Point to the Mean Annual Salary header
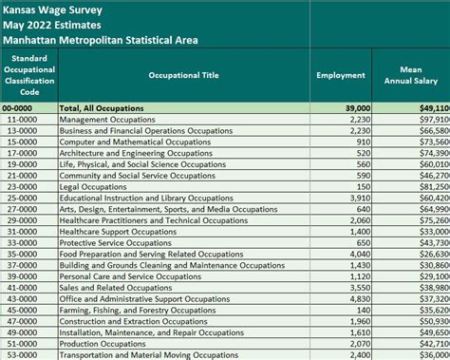click(x=413, y=74)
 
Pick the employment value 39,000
click(x=356, y=109)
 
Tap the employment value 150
click(x=363, y=187)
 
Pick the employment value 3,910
click(x=359, y=199)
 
